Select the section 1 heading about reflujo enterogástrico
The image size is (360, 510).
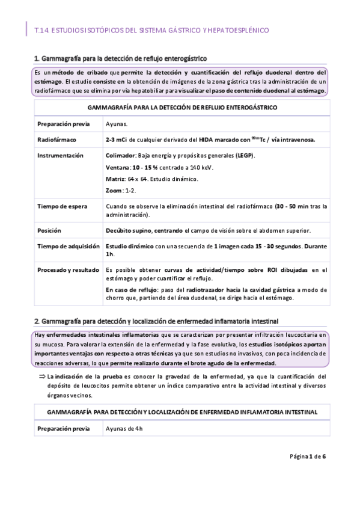[120, 58]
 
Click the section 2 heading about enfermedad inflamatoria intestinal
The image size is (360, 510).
[156, 319]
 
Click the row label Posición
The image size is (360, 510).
[49, 230]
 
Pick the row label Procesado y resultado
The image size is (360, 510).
[68, 270]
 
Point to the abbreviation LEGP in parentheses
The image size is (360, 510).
[245, 156]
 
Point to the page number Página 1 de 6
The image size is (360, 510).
[307, 473]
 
